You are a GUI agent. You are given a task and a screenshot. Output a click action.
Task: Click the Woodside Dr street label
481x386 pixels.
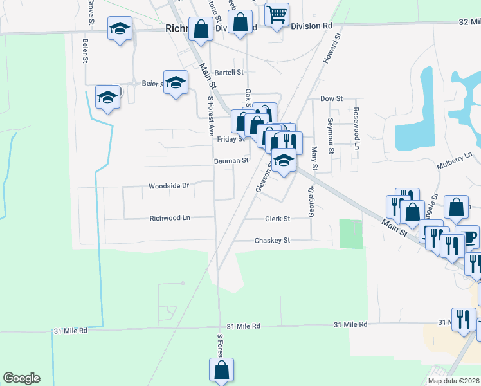[168, 186]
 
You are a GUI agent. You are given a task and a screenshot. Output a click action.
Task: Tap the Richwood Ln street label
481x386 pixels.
[170, 218]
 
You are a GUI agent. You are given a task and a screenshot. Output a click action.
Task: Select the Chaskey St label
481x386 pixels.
[273, 240]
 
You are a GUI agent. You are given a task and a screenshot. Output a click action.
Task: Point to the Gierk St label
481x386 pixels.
[278, 219]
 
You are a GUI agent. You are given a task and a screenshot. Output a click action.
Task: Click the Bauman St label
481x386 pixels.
[231, 160]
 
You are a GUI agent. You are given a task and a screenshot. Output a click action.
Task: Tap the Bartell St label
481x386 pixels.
[230, 73]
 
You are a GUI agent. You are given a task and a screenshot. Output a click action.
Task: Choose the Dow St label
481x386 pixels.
[331, 98]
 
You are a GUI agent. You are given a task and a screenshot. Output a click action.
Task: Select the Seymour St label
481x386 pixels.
[330, 135]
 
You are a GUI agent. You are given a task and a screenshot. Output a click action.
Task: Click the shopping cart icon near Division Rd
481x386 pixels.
[277, 14]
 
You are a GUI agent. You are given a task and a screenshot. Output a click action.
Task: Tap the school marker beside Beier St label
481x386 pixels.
[176, 82]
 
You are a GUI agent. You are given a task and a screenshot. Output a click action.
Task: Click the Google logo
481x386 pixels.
[21, 378]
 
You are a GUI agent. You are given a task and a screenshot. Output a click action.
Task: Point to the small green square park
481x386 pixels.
[350, 234]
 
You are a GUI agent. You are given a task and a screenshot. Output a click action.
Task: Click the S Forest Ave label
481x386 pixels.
[210, 116]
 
